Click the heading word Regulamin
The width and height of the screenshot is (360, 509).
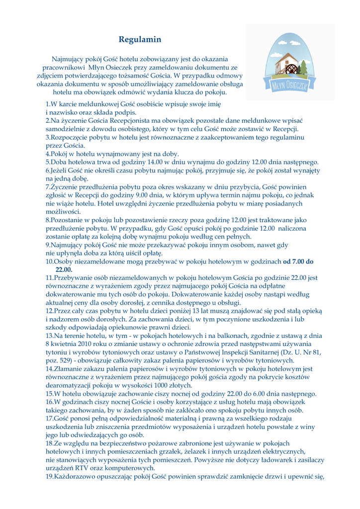[x=140, y=39]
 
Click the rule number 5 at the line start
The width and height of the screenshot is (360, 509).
[x=47, y=162]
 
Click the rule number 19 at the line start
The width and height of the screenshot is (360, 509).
[x=49, y=477]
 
